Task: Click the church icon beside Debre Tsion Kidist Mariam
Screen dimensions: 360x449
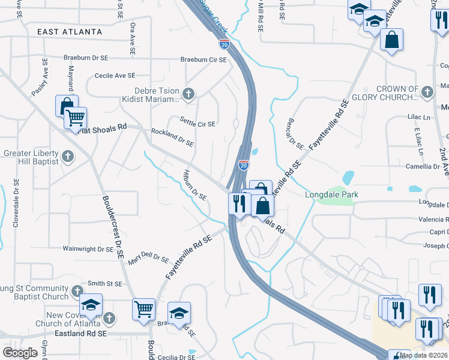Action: pyautogui.click(x=188, y=94)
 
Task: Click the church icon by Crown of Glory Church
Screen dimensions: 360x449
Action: pyautogui.click(x=427, y=92)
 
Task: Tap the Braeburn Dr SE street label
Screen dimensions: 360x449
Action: pyautogui.click(x=86, y=58)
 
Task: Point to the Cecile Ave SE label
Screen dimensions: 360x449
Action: pyautogui.click(x=116, y=76)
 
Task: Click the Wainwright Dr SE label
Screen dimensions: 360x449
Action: pyautogui.click(x=88, y=247)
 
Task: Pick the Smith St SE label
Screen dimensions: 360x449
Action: pyautogui.click(x=106, y=283)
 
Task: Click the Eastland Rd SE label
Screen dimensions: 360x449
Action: pyautogui.click(x=80, y=333)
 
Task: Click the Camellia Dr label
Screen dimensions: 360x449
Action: pyautogui.click(x=423, y=166)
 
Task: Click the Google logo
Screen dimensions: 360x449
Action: pyautogui.click(x=20, y=352)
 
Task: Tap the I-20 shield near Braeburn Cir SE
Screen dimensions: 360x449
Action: pyautogui.click(x=224, y=44)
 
